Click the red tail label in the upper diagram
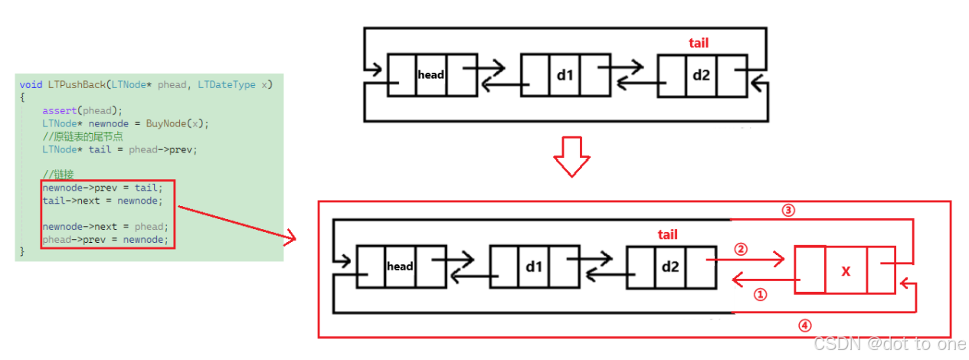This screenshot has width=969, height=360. click(x=699, y=44)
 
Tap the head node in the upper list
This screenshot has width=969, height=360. click(x=431, y=74)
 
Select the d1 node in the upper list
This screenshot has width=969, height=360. click(x=565, y=74)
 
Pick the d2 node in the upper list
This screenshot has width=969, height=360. click(x=701, y=75)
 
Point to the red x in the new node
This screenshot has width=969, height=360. click(x=846, y=270)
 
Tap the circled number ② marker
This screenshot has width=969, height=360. click(x=740, y=249)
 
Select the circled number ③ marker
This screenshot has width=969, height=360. click(x=788, y=209)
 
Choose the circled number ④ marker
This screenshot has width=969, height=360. click(x=804, y=325)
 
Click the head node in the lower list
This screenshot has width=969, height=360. click(x=400, y=267)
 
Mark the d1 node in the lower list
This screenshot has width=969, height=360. click(x=534, y=267)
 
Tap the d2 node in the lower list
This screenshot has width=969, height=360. click(x=670, y=267)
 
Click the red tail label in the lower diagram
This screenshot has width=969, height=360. click(x=667, y=234)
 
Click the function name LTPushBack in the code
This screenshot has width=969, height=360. click(x=73, y=84)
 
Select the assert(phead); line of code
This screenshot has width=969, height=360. click(x=82, y=110)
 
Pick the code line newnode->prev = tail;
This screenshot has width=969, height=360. click(x=103, y=188)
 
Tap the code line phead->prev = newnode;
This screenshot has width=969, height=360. click(x=104, y=240)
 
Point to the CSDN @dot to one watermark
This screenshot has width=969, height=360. click(x=889, y=345)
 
